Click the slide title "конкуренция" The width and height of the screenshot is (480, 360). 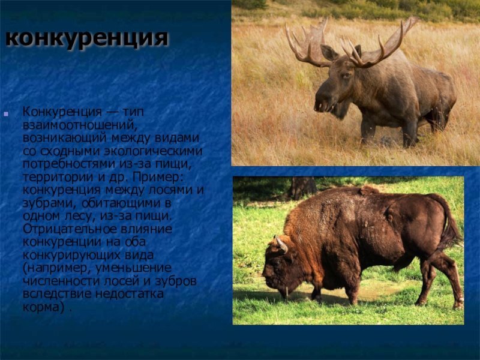tap(86, 38)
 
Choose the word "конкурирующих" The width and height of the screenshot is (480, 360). tap(71, 254)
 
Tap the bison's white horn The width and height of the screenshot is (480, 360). tap(281, 245)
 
